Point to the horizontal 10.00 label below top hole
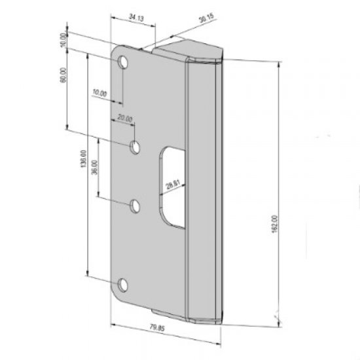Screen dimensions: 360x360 click(x=99, y=93)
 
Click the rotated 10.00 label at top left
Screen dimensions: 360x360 click(x=63, y=39)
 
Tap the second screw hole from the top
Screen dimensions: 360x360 click(x=135, y=147)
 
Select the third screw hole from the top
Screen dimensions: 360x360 click(x=135, y=206)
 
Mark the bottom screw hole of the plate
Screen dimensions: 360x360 click(x=123, y=284)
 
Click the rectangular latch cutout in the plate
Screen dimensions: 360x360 click(x=173, y=187)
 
